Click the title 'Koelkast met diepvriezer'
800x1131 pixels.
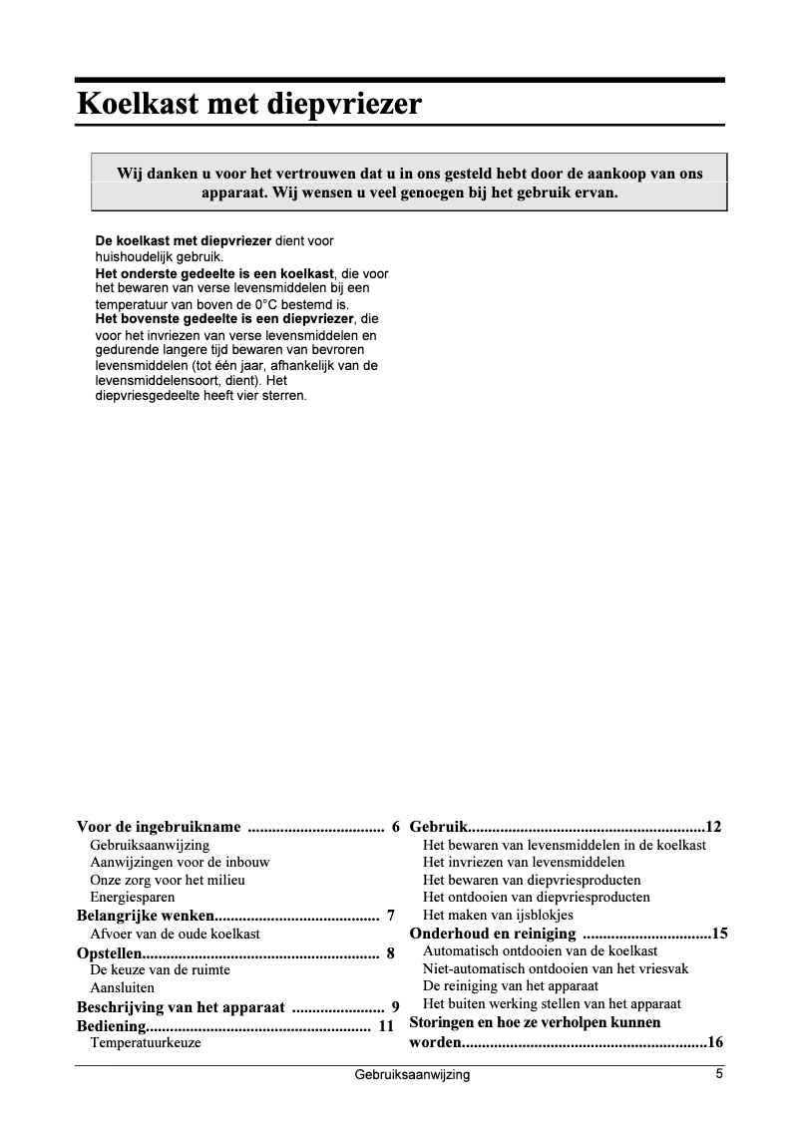pos(249,104)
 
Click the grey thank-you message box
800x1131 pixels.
pos(409,183)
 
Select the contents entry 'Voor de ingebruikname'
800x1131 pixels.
pos(160,827)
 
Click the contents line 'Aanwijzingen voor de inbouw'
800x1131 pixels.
pos(180,862)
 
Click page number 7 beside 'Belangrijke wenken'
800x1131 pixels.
pos(391,916)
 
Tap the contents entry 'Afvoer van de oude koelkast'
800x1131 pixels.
pos(175,934)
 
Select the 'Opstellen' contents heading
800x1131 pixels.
pos(110,952)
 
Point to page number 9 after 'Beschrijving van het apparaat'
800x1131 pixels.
pos(395,1007)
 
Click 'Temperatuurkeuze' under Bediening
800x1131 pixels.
pos(146,1043)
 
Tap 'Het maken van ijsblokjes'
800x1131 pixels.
pos(498,915)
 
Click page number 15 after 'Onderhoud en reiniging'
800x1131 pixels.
pos(719,935)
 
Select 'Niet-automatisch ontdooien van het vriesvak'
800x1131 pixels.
pos(556,968)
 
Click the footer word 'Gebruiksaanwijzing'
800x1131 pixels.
pos(411,1075)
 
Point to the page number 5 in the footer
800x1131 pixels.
pos(718,1074)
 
